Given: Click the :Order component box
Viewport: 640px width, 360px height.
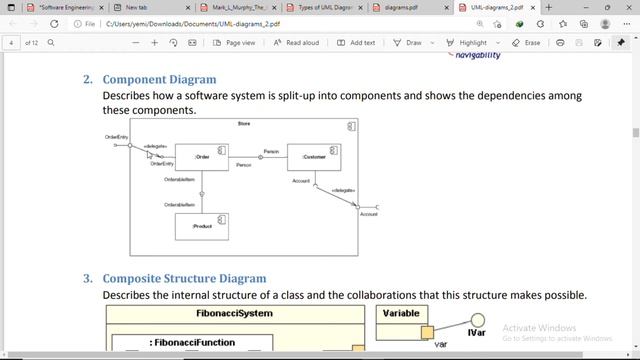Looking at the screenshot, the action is [x=202, y=157].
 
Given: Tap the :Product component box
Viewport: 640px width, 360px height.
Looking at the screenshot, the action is [x=202, y=226].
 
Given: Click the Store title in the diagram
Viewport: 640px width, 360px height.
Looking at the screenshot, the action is [x=244, y=124].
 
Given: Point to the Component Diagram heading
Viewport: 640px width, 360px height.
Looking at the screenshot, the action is [x=159, y=79].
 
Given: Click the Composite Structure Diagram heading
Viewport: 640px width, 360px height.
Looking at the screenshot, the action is [x=184, y=278].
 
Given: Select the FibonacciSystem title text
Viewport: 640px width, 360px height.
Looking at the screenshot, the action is [x=234, y=314].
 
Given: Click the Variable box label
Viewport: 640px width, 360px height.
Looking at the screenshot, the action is [x=402, y=314].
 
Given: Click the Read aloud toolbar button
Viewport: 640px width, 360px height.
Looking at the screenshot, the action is [x=296, y=43].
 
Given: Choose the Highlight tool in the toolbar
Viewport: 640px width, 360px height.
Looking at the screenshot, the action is [x=468, y=43].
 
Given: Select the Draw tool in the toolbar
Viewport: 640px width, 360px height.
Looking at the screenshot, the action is [x=408, y=43].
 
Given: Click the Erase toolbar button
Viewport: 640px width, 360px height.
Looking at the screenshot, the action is [x=526, y=43].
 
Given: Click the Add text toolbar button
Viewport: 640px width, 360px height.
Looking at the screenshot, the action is [x=356, y=43].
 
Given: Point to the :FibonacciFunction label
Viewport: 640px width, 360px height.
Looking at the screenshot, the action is [x=193, y=343].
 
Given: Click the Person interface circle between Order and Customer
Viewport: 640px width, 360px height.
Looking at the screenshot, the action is [x=261, y=157].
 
